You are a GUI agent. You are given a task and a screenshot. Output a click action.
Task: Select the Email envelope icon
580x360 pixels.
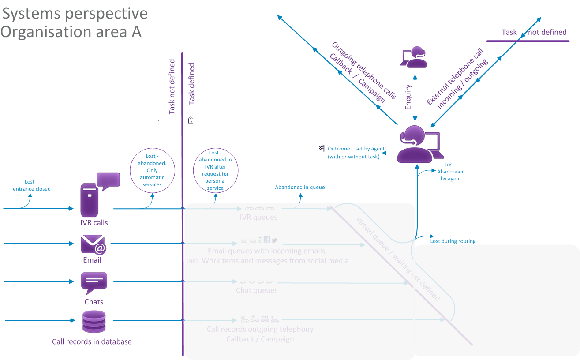pyautogui.click(x=94, y=244)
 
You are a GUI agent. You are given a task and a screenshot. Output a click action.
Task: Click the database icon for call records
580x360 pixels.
pyautogui.click(x=94, y=322)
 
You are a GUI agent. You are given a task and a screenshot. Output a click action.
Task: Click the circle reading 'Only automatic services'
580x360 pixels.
pyautogui.click(x=152, y=170)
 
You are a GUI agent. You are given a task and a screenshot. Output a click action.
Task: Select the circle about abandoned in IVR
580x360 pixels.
pyautogui.click(x=215, y=170)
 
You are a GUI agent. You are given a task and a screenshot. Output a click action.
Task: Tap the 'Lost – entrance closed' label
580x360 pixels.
pyautogui.click(x=32, y=185)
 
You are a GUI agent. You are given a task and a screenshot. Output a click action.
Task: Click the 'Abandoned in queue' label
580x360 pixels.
pyautogui.click(x=300, y=187)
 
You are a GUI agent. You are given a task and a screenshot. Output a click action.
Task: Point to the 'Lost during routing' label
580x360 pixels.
pyautogui.click(x=453, y=241)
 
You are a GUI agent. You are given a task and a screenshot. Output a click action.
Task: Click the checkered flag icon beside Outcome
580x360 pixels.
pyautogui.click(x=322, y=148)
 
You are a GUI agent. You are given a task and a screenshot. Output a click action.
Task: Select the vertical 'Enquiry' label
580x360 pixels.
pyautogui.click(x=408, y=97)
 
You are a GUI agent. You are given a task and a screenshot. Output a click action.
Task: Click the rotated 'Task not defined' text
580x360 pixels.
pyautogui.click(x=172, y=87)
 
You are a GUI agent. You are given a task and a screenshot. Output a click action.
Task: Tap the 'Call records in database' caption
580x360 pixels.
pyautogui.click(x=92, y=341)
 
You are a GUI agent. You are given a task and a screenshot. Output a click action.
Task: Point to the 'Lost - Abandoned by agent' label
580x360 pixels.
pyautogui.click(x=451, y=172)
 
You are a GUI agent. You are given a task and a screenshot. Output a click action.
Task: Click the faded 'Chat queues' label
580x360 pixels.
pyautogui.click(x=257, y=290)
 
